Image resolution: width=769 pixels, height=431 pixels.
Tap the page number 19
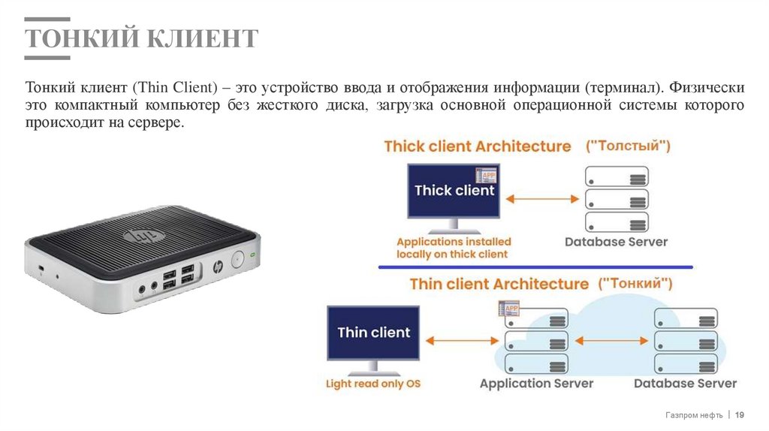[739, 414]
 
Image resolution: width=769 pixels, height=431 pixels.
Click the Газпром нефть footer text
[693, 414]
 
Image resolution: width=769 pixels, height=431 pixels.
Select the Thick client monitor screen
[454, 191]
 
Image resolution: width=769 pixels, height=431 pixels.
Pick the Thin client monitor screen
[372, 332]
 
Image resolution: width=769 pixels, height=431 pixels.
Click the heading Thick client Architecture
[477, 146]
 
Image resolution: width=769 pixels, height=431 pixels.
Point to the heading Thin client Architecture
[499, 284]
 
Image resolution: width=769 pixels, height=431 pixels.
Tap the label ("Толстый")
[628, 146]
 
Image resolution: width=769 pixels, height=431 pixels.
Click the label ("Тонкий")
[635, 284]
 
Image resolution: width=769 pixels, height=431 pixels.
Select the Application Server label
[536, 383]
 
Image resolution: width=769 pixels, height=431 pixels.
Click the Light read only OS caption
[372, 384]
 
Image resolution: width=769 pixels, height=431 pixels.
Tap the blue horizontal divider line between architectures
[535, 267]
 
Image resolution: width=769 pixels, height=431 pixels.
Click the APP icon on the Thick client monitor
[490, 176]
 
